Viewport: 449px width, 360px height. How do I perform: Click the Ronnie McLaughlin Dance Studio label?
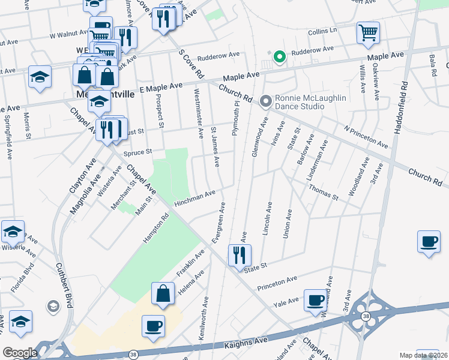(300, 103)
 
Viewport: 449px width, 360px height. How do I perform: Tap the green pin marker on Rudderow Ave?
(279, 57)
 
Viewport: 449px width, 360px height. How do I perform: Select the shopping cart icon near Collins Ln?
(368, 32)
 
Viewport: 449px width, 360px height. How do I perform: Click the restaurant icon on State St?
(240, 254)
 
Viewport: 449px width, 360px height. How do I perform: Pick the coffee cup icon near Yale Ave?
(315, 299)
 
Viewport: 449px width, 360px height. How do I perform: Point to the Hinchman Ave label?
(194, 199)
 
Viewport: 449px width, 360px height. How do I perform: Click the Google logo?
(19, 353)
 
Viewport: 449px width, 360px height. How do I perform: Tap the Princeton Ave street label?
(277, 284)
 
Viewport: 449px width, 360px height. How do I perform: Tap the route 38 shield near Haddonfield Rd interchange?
(365, 314)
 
